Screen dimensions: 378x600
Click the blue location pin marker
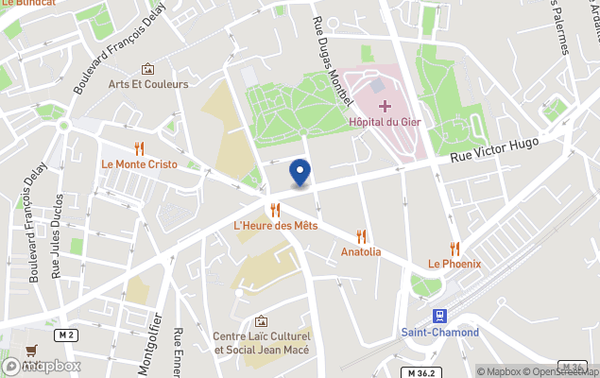pos(300,173)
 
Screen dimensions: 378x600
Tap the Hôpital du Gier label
pos(385,122)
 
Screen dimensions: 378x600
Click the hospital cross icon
pos(385,104)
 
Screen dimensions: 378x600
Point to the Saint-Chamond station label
pos(439,332)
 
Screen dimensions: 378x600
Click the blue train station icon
pos(439,315)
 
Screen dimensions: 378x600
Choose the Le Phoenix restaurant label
pos(454,264)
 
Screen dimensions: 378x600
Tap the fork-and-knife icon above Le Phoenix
pos(454,248)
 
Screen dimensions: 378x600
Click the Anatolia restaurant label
pos(361,251)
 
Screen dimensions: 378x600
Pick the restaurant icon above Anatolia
pos(361,235)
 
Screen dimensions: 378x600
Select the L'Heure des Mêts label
pos(275,226)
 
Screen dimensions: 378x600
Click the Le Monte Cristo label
pos(139,163)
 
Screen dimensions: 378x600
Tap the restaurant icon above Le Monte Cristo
pos(139,147)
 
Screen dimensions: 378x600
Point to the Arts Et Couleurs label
pos(148,84)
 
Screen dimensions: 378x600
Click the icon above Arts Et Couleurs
pos(148,68)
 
